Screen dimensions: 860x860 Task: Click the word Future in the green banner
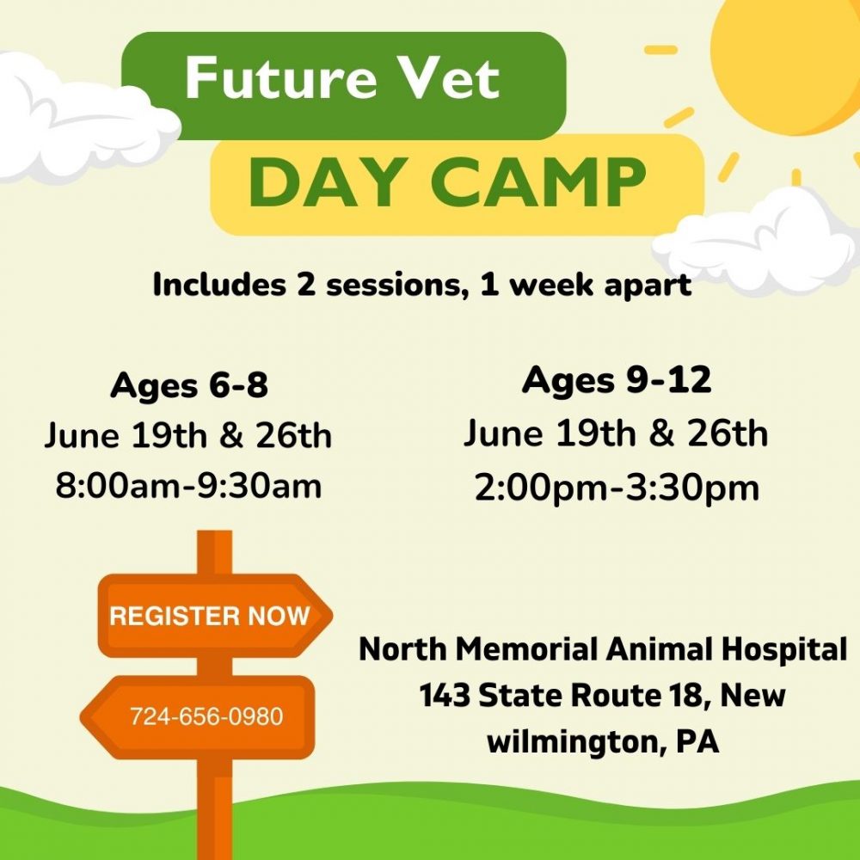281,78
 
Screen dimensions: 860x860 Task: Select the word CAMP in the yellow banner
538,182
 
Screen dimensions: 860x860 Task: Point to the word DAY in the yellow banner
329,182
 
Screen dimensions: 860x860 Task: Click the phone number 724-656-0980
206,716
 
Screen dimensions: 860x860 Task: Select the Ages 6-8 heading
189,385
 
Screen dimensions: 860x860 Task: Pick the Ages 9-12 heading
617,381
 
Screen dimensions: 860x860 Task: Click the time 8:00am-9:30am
188,486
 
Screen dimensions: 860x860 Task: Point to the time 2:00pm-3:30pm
617,488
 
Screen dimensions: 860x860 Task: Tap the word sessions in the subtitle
397,286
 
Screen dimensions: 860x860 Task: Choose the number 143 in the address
445,696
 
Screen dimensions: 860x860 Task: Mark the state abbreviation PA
697,741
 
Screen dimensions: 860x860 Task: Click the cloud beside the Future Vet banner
83,118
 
